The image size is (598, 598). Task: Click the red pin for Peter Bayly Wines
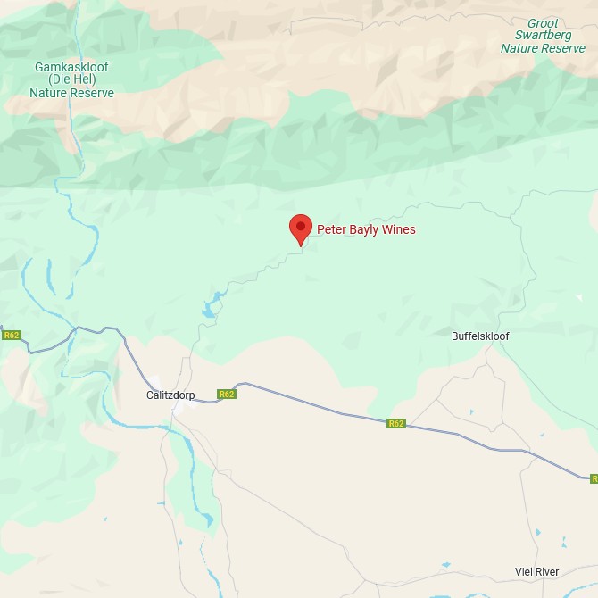(301, 228)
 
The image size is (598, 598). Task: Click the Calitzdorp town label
(170, 395)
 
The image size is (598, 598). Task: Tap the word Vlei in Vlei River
(527, 572)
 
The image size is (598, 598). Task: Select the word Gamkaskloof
(71, 67)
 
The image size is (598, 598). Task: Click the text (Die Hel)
(72, 79)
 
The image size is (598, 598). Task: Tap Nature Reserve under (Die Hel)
(72, 93)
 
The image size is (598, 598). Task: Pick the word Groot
(543, 23)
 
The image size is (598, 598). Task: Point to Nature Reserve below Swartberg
(543, 48)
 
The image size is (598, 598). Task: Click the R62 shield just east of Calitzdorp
(227, 394)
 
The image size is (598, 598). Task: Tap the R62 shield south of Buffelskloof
(396, 423)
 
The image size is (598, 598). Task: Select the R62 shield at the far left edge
(11, 336)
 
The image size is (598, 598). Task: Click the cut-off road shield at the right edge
(594, 479)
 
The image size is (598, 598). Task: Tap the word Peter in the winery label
(331, 230)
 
